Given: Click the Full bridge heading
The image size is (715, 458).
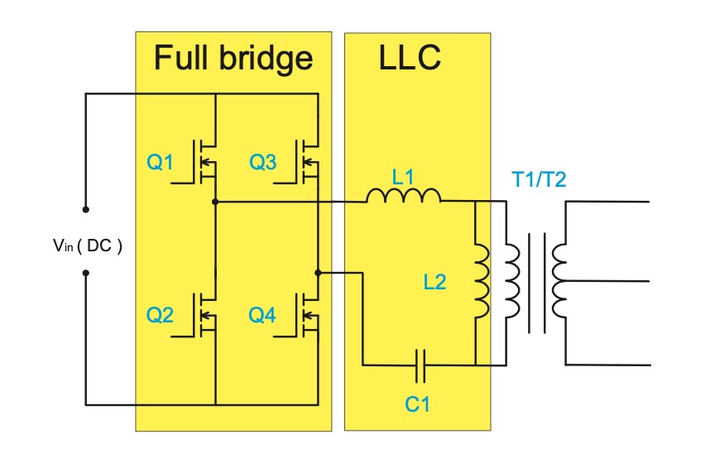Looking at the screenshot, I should coord(233,58).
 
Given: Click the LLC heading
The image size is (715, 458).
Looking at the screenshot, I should coord(410,58).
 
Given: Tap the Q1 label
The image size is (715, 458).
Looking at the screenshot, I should coord(161,163).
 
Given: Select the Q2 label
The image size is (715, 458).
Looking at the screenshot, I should coord(161,315).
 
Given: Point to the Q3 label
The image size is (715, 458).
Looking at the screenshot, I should coord(262,163).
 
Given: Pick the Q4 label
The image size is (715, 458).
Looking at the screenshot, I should coord(262,315).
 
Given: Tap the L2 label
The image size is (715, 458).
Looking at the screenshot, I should coord(434,282).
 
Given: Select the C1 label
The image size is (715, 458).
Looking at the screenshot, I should coord(417,405).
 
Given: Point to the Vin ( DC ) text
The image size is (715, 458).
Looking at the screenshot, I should coord(84,246).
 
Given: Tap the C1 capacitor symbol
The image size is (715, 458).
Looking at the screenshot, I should coord(420,364).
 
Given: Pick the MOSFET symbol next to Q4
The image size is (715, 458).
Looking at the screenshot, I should coord(308,315).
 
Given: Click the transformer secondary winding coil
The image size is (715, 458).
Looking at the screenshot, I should coord(560,281).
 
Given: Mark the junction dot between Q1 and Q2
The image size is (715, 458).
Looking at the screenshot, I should coord(215,201).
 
